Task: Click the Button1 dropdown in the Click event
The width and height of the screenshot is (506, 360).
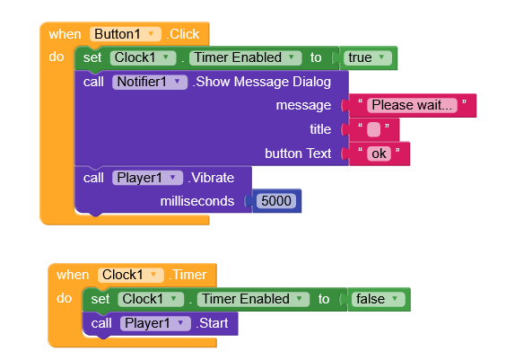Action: point(126,34)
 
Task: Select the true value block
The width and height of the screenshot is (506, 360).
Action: point(368,58)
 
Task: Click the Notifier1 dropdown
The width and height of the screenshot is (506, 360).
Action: point(150,82)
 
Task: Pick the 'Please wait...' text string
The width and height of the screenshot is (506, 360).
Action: point(412,105)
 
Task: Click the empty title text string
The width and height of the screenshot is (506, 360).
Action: point(374,129)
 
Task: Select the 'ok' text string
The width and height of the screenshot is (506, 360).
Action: point(379,154)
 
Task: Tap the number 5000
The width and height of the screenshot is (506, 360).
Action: point(276,201)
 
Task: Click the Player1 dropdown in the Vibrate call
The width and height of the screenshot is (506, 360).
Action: point(147,178)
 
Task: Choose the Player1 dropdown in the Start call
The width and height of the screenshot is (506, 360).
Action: point(155,323)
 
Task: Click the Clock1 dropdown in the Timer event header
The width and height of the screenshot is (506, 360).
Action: point(131,275)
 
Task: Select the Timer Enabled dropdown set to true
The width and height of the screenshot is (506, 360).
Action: point(245,58)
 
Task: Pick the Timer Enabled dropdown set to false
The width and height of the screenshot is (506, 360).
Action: point(253,299)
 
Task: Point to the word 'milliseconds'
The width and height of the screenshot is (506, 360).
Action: point(197,201)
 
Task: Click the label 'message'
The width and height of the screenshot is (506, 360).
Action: point(303,106)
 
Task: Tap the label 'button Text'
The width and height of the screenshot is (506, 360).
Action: point(298,154)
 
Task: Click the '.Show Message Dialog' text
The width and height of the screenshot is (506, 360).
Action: point(262,82)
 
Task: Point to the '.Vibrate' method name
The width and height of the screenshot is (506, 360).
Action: point(211,178)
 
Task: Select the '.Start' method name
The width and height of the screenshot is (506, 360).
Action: point(212,323)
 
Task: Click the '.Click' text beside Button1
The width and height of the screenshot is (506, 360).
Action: point(183,34)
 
